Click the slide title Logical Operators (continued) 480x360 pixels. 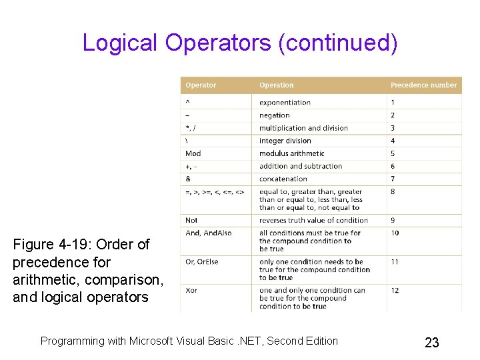point(240,43)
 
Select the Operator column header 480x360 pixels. point(201,85)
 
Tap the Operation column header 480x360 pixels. point(276,85)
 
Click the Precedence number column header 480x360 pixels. point(423,85)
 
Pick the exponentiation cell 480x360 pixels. point(285,103)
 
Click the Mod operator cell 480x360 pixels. point(193,153)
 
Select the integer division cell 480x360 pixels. point(285,141)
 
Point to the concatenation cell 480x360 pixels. point(283,179)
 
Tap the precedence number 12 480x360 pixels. point(395,291)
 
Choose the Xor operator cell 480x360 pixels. point(191,291)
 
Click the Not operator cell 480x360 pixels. point(191,220)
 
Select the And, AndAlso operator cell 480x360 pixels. point(208,233)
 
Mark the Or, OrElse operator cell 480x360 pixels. point(201,262)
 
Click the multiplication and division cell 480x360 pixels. point(303,128)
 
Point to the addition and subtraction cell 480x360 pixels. point(301,166)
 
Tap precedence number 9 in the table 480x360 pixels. point(393,220)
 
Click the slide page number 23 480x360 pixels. point(432,343)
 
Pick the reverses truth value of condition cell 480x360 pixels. point(313,220)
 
